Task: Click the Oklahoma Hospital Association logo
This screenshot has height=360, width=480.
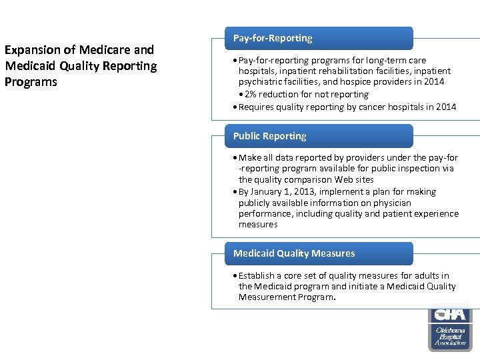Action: click(450, 327)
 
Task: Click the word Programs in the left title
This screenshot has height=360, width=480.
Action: click(31, 82)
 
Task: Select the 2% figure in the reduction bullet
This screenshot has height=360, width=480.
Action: click(252, 95)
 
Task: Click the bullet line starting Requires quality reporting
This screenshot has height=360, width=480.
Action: click(347, 107)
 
